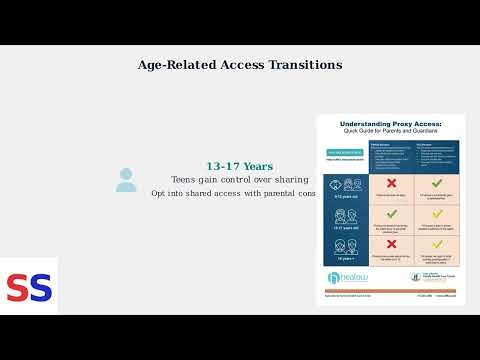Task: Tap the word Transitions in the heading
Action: [305, 65]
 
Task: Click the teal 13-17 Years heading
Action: [239, 166]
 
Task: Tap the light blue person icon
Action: [126, 180]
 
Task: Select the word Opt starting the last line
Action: [159, 193]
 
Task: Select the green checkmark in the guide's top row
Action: [438, 184]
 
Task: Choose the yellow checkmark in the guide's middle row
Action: [438, 214]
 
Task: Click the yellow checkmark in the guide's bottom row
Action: [438, 243]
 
